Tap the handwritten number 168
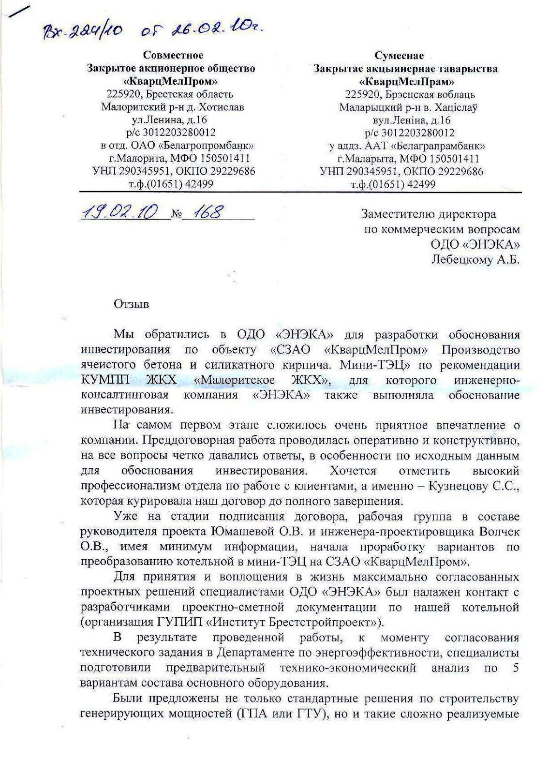208,212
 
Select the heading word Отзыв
132,304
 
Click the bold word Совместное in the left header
173,55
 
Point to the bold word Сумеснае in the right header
399,56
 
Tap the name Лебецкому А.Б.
475,260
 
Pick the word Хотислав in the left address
221,107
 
